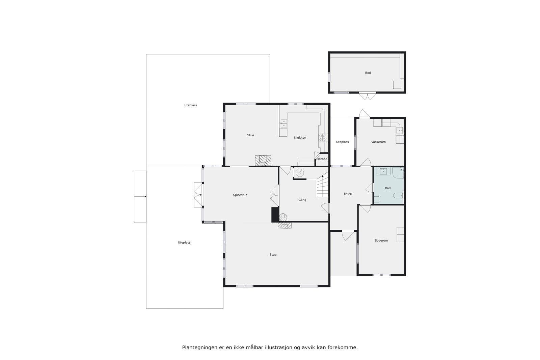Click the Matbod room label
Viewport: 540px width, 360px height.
(322, 159)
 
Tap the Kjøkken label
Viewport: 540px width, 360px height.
(300, 138)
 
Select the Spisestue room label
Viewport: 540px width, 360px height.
(240, 195)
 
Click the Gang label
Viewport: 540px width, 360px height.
(302, 200)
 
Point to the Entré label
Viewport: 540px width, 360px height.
(348, 194)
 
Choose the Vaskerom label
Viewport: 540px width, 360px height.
(378, 142)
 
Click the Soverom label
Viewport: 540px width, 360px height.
(381, 241)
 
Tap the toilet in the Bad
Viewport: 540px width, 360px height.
(398, 195)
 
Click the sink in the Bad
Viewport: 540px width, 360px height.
(383, 171)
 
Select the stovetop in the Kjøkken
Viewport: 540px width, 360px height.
(323, 137)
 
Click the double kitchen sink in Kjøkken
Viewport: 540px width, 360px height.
(283, 123)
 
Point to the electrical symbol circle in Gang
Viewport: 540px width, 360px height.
(300, 173)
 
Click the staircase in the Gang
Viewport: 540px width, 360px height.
(323, 188)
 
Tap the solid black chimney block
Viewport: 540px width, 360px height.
(275, 215)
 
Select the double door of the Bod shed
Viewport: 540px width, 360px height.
(367, 96)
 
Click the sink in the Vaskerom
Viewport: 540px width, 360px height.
(400, 130)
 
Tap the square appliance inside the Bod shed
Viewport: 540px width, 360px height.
(397, 85)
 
